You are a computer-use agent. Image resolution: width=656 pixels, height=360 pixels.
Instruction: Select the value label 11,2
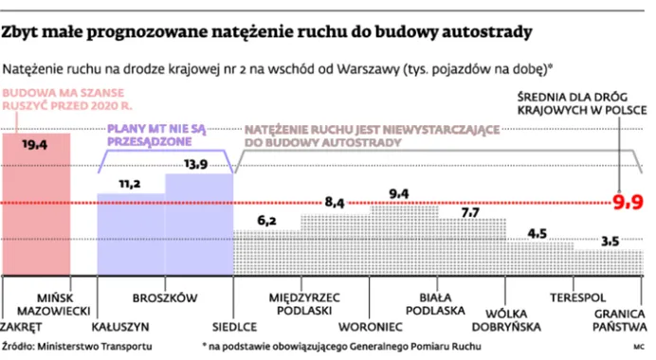click(130, 183)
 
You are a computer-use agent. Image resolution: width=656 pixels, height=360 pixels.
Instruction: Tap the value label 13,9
click(197, 165)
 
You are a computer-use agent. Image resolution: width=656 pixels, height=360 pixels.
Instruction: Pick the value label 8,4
click(336, 202)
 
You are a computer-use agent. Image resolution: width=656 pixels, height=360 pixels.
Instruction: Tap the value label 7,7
click(470, 212)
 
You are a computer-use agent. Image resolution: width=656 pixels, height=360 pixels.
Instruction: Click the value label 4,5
click(538, 232)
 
